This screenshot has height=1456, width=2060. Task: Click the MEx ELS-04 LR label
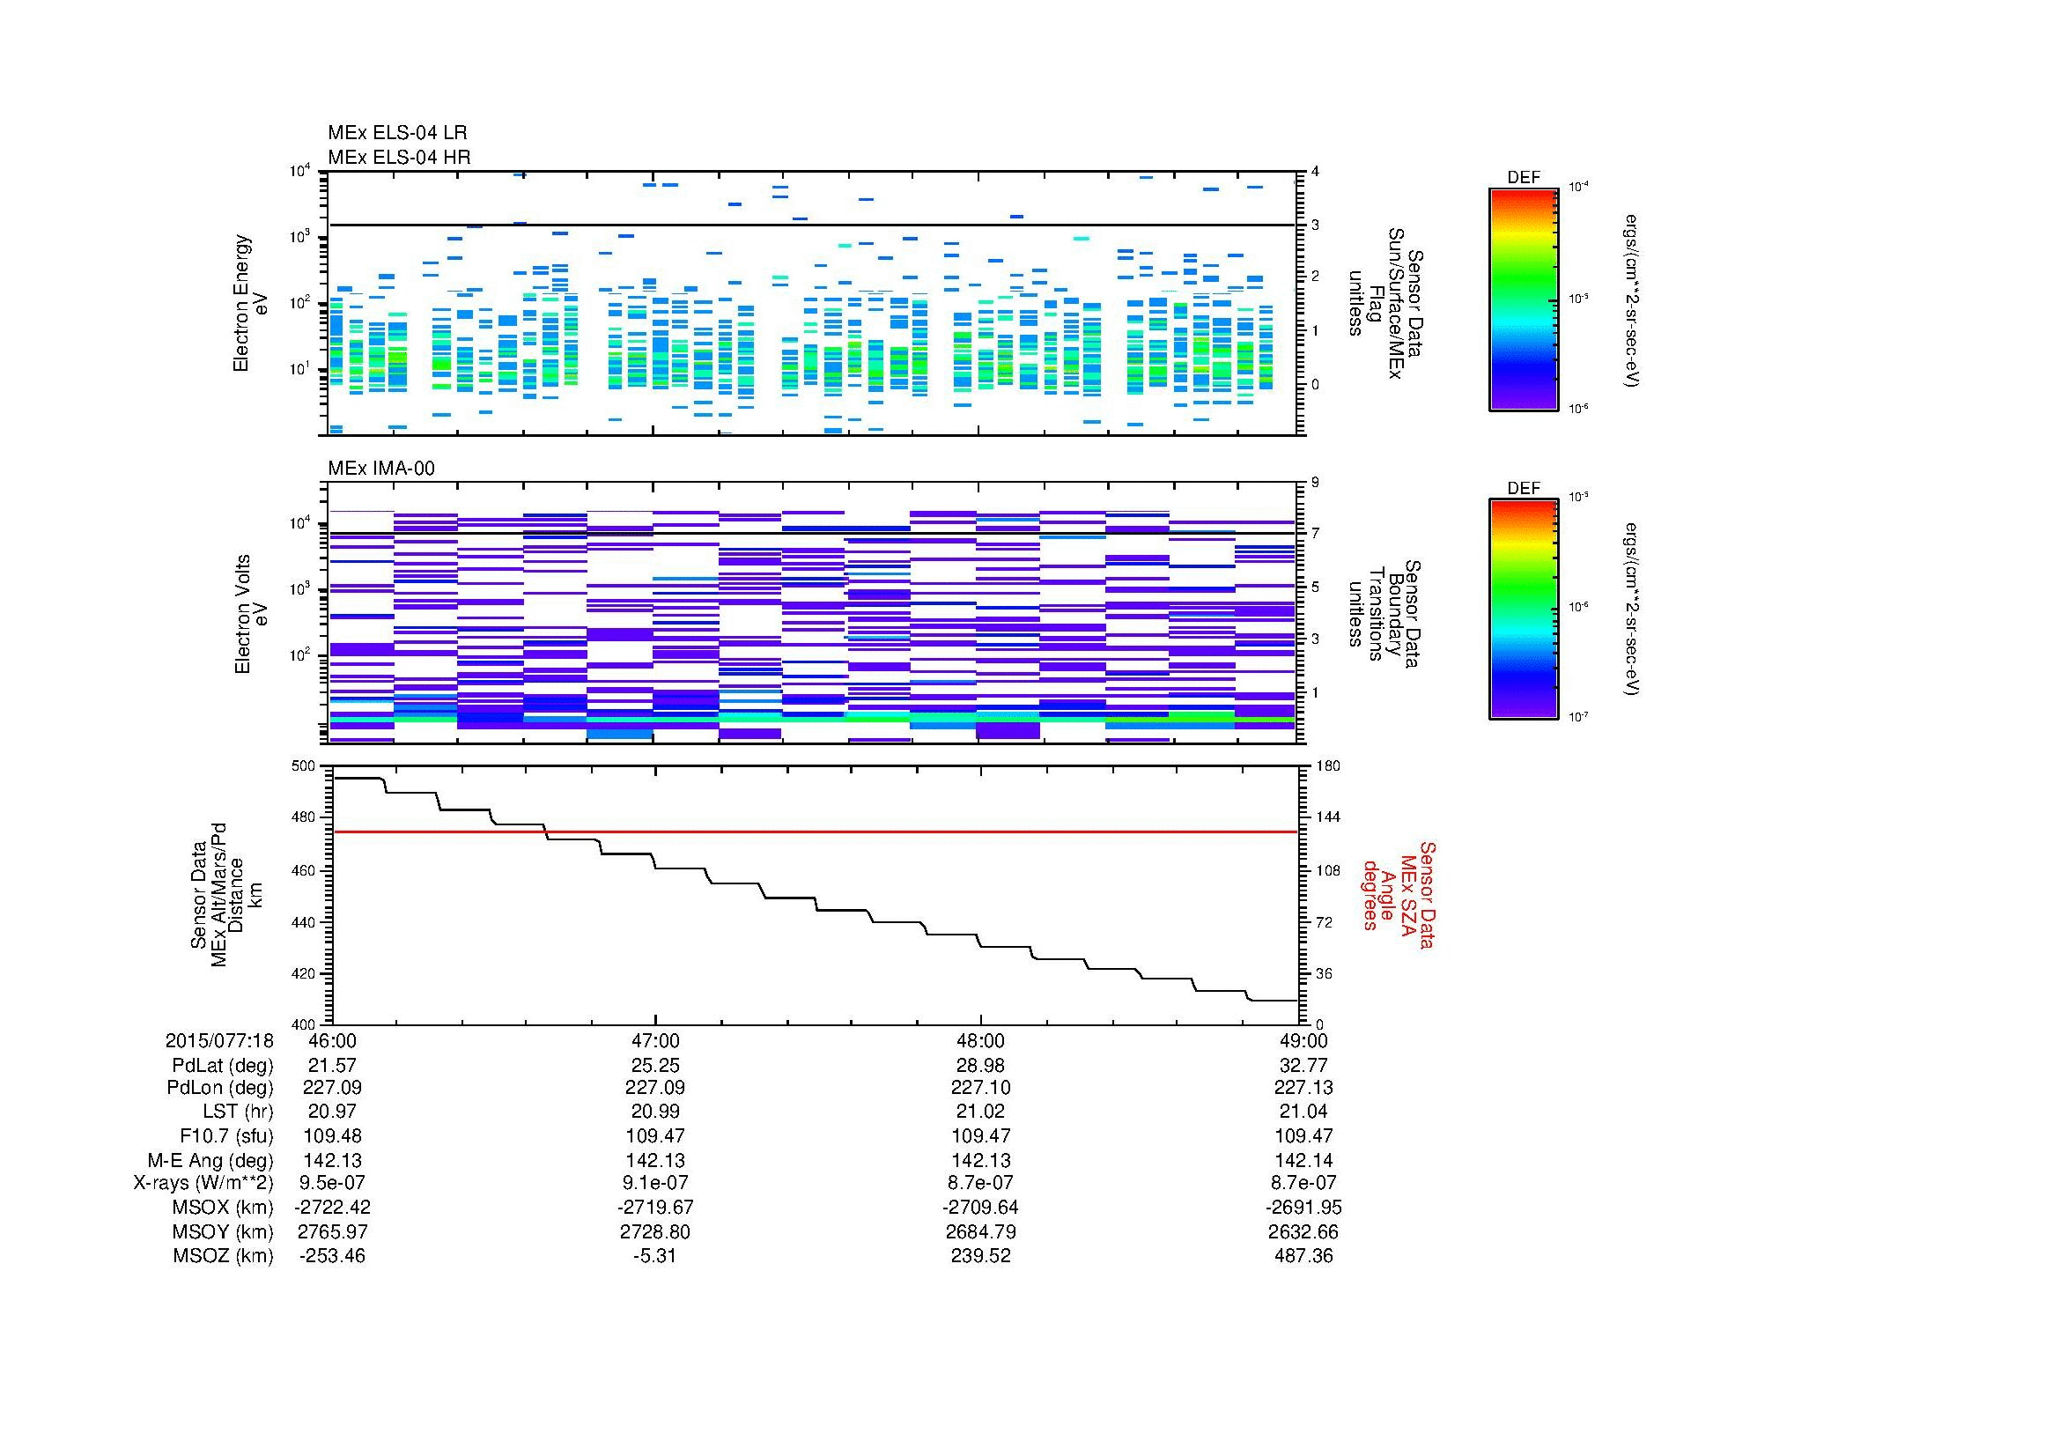click(x=397, y=133)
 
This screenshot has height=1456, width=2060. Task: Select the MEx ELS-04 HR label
click(x=399, y=157)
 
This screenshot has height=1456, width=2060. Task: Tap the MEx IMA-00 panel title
click(x=381, y=469)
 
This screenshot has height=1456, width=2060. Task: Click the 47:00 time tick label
click(x=656, y=1040)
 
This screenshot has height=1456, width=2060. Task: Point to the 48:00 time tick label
click(x=980, y=1040)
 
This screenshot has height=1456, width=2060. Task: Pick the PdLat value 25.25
click(x=656, y=1065)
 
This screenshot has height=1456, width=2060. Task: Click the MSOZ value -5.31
click(x=656, y=1255)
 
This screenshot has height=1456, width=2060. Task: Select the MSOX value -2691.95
click(x=1303, y=1207)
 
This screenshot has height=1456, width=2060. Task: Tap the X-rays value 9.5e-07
click(x=332, y=1182)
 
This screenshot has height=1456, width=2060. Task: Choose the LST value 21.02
click(x=980, y=1112)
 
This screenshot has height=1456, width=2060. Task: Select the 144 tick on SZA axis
click(x=1327, y=817)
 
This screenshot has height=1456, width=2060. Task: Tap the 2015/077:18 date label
click(x=219, y=1040)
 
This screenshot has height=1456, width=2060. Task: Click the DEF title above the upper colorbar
click(x=1524, y=178)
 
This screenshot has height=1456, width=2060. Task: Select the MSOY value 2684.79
click(x=980, y=1231)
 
